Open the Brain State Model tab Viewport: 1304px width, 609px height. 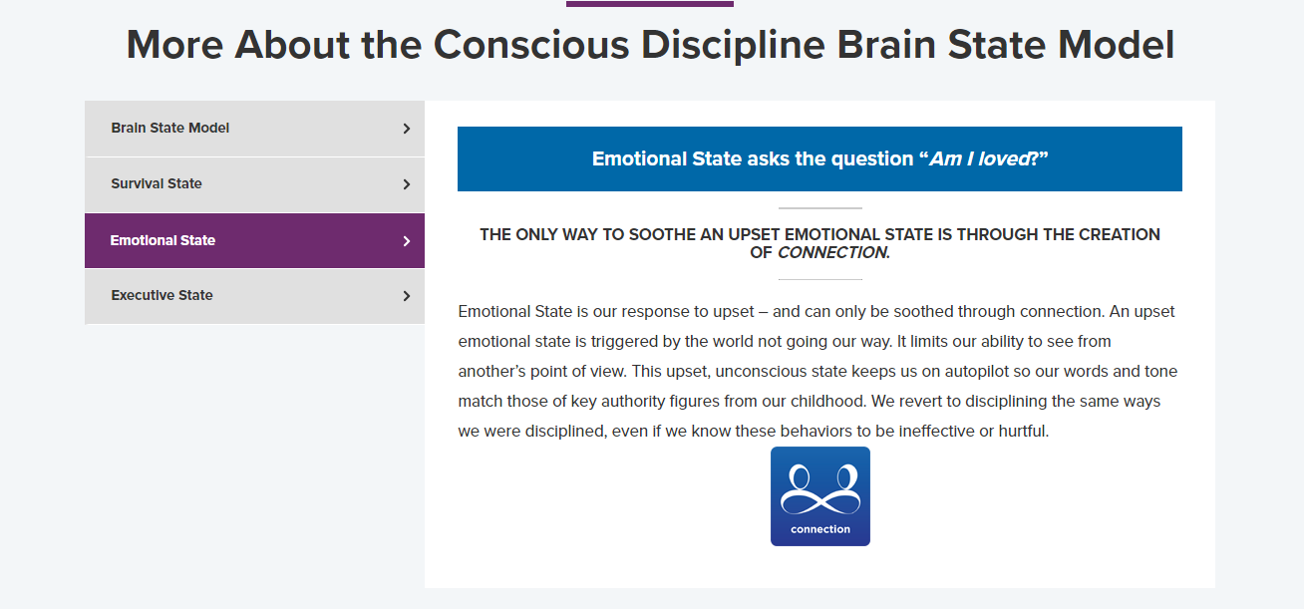170,129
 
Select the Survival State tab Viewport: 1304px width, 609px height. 157,184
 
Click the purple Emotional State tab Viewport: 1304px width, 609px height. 163,240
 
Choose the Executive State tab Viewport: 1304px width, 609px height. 162,296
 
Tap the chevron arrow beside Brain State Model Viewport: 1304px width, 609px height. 407,129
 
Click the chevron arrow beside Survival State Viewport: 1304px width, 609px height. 407,184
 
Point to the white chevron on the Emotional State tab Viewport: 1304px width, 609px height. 407,241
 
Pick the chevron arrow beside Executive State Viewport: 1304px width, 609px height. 407,296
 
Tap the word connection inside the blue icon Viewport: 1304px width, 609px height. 820,529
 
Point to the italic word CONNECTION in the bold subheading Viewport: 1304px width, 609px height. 832,253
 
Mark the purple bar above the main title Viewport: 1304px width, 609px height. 650,4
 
